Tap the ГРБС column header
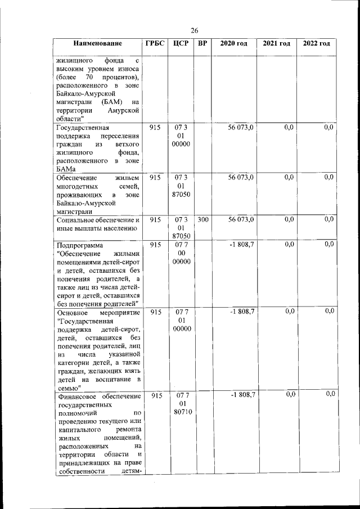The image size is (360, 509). point(155,44)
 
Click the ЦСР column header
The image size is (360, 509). point(181,44)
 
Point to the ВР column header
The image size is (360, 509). point(203,44)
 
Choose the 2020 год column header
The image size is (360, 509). point(233,44)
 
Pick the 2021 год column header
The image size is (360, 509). point(276,44)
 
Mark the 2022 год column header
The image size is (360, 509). point(317,44)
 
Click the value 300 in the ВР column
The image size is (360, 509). point(203,220)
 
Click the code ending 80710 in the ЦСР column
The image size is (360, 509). point(181,414)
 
